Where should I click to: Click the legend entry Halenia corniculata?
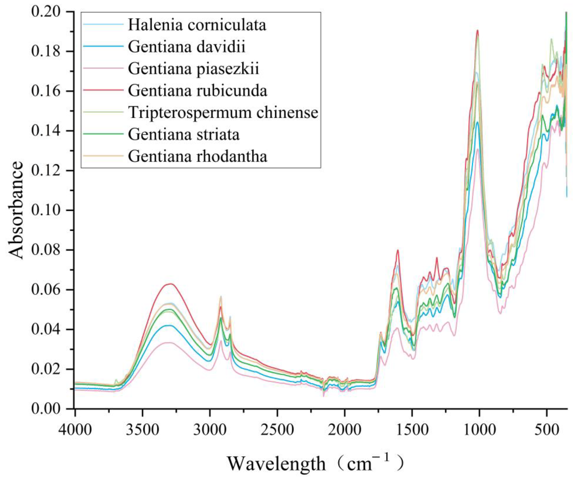coord(197,25)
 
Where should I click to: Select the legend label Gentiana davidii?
coord(187,47)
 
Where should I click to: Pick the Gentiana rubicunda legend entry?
coord(197,91)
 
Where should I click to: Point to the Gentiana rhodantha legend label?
coord(197,156)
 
